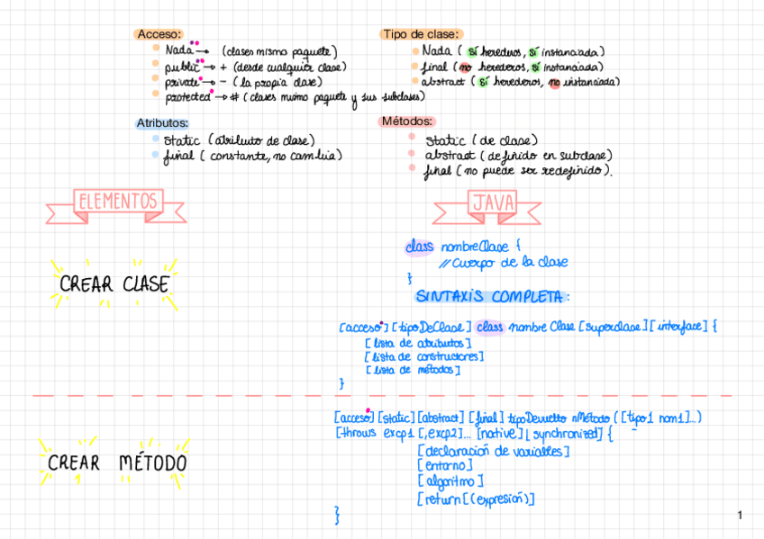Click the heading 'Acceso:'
click(x=159, y=34)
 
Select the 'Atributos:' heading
click(x=162, y=122)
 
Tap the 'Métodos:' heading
click(x=408, y=121)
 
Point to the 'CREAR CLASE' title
click(x=114, y=284)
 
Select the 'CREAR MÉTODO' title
click(x=117, y=463)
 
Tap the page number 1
click(x=740, y=515)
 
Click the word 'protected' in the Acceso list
click(x=187, y=96)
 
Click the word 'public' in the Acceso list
click(x=180, y=67)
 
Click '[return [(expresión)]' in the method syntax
click(x=477, y=499)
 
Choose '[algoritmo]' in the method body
click(x=451, y=481)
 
